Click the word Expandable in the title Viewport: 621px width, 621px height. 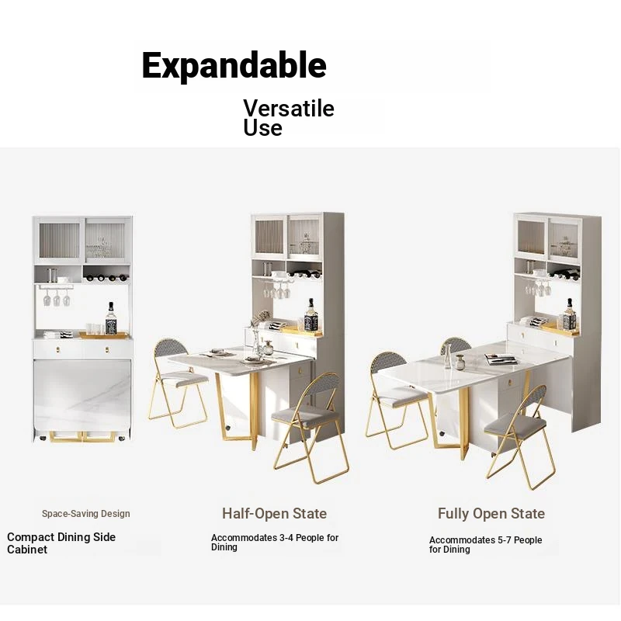click(234, 66)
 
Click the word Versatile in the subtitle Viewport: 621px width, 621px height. click(289, 108)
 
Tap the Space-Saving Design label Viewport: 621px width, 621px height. click(86, 514)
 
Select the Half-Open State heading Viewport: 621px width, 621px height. click(275, 513)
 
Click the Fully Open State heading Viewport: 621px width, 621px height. click(491, 513)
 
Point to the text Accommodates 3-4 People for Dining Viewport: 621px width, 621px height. click(275, 542)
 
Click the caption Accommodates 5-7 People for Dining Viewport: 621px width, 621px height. click(486, 545)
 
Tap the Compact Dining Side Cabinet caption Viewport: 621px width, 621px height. click(61, 543)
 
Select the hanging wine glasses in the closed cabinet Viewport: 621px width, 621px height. click(57, 297)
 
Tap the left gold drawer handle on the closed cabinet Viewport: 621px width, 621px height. click(58, 349)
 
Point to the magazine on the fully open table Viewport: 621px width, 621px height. click(501, 359)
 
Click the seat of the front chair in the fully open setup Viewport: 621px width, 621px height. click(515, 425)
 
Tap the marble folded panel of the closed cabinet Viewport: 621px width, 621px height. click(82, 396)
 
